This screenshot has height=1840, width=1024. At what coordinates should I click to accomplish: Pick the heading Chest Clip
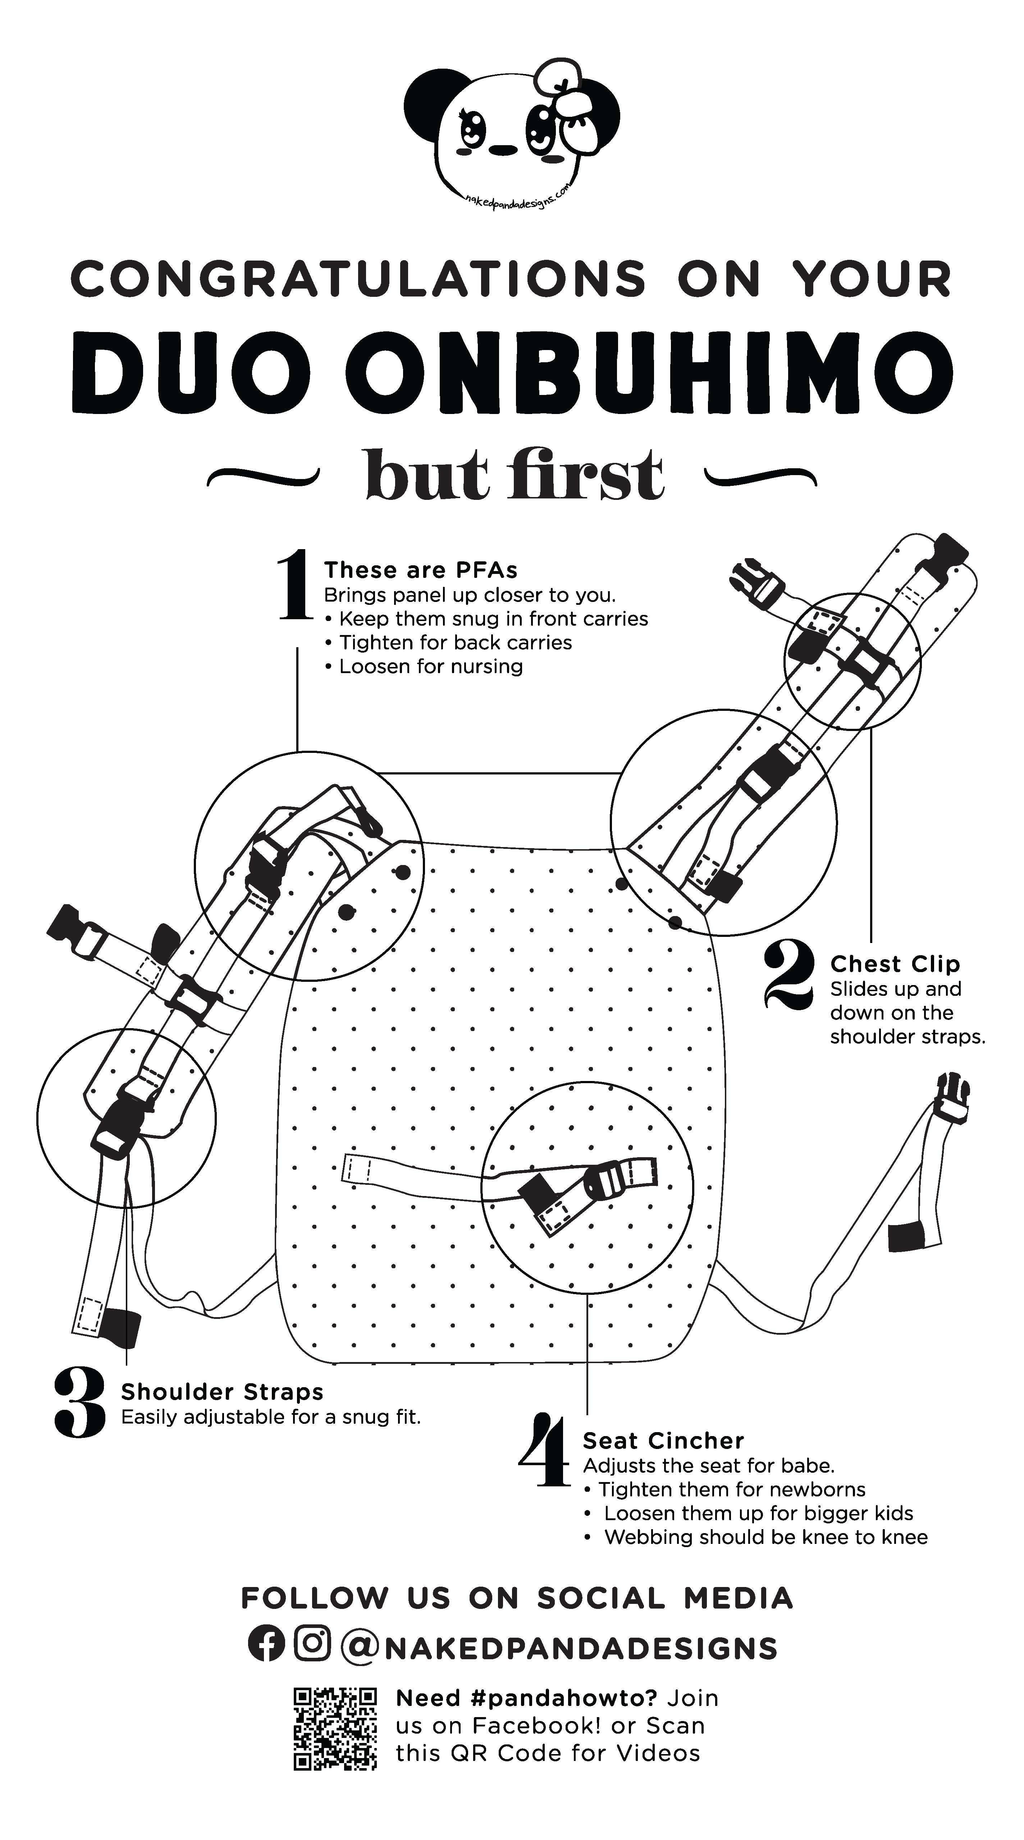895,964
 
